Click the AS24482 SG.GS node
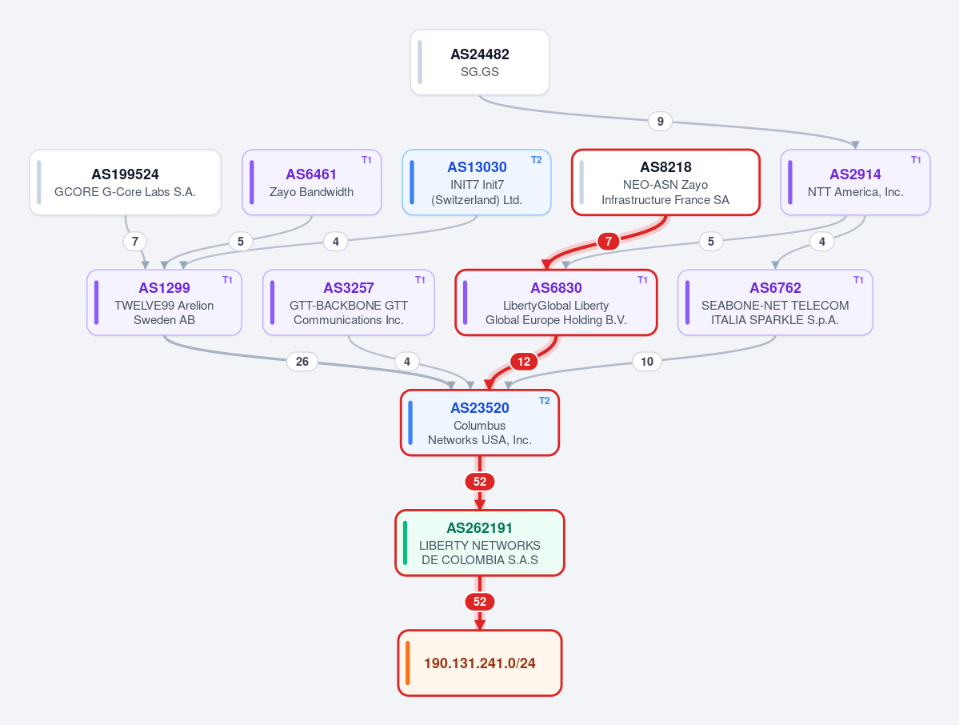(x=480, y=62)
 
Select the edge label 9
(x=660, y=121)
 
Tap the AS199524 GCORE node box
(x=126, y=182)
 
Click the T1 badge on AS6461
(x=366, y=160)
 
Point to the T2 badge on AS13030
(x=537, y=160)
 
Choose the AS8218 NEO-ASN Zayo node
(x=665, y=182)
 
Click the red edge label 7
(x=608, y=242)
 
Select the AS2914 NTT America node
(x=855, y=182)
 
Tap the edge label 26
(x=302, y=362)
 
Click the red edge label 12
(x=524, y=362)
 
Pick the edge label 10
(x=647, y=362)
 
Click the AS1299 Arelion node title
(x=165, y=288)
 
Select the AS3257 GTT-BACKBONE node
(x=349, y=302)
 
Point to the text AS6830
(x=556, y=288)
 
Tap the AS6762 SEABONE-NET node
(x=775, y=302)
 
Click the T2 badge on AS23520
(x=545, y=402)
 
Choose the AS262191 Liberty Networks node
(x=480, y=543)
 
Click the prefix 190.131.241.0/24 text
(x=480, y=663)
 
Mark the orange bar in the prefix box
(x=407, y=663)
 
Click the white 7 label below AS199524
(x=135, y=242)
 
